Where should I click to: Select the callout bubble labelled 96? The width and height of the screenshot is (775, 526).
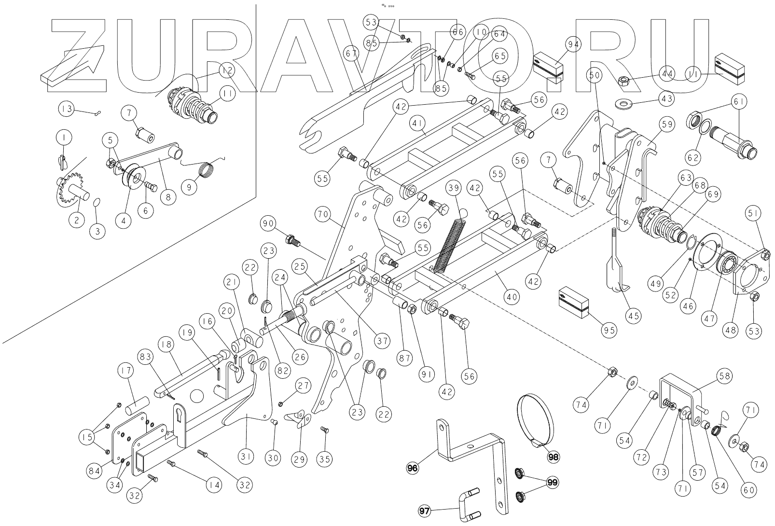[x=413, y=467]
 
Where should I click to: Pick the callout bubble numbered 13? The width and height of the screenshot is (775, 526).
[x=67, y=109]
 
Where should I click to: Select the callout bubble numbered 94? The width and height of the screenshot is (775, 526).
[x=573, y=45]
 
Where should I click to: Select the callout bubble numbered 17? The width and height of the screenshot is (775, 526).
[x=126, y=371]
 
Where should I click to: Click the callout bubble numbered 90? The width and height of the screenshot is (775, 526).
[x=269, y=224]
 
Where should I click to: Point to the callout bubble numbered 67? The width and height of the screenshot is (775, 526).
[x=351, y=53]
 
